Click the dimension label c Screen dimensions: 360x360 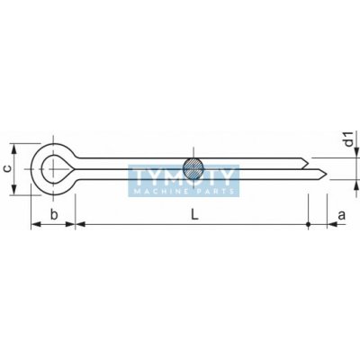click(9, 169)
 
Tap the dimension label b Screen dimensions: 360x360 click(54, 215)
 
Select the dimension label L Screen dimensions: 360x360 click(194, 215)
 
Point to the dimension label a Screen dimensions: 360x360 click(342, 215)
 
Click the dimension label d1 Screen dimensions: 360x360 click(348, 139)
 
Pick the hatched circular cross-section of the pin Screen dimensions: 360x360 click(193, 168)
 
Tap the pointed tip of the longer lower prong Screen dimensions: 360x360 click(327, 173)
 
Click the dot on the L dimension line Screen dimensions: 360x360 click(309, 224)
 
